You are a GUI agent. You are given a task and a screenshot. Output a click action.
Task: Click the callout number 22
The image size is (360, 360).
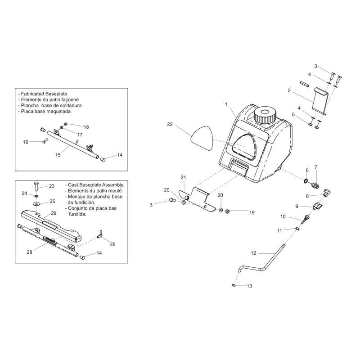(x=169, y=124)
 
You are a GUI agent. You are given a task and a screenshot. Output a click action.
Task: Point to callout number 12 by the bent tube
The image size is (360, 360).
(x=253, y=253)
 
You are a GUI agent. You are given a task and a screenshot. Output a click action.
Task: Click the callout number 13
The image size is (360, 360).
(x=250, y=286)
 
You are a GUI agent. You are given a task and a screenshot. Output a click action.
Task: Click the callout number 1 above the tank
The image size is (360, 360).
(x=226, y=104)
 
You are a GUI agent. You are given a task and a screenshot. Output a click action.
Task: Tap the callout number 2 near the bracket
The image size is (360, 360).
(x=289, y=91)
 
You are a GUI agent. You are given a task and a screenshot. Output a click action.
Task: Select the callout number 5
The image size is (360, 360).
(x=293, y=114)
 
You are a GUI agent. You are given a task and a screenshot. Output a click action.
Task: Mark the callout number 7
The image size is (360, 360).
(x=316, y=167)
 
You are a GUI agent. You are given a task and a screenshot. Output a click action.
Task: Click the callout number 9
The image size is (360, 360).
(x=297, y=206)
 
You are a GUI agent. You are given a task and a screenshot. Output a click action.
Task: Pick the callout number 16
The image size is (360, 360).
(x=26, y=142)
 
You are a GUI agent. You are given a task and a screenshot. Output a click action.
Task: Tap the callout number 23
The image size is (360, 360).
(x=51, y=186)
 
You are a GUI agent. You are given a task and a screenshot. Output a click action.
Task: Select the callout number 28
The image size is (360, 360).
(x=30, y=252)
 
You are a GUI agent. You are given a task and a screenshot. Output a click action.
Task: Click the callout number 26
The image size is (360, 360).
(x=112, y=244)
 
